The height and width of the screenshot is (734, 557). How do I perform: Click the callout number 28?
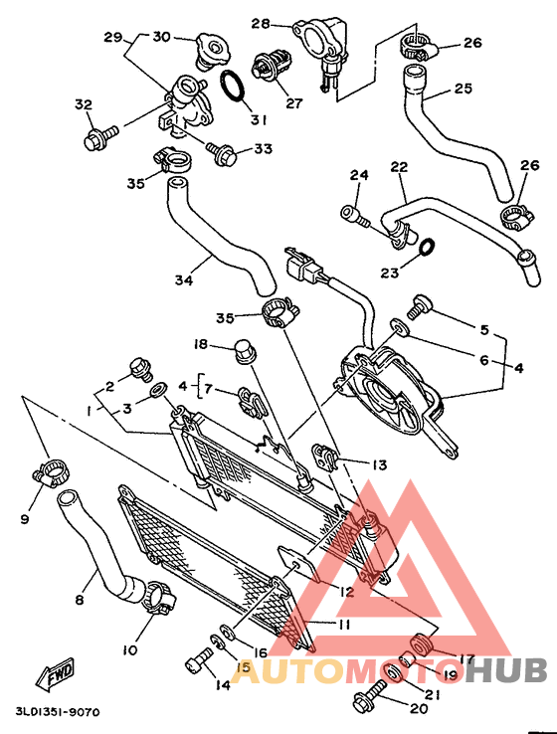click(261, 23)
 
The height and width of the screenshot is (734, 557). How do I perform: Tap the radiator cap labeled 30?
click(212, 50)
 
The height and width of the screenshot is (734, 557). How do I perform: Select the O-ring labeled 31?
click(233, 87)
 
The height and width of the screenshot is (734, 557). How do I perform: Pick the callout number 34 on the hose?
click(183, 280)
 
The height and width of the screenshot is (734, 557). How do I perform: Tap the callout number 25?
click(463, 89)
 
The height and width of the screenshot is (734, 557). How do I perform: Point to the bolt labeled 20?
click(366, 697)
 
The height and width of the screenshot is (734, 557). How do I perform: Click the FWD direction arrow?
click(56, 675)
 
